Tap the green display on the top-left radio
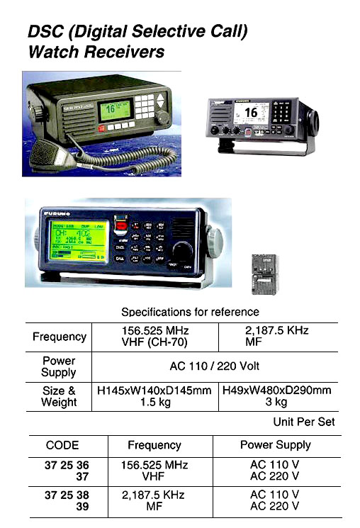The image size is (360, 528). coord(114,110)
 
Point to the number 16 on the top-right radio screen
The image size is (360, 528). coord(251,112)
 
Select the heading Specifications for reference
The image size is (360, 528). coord(190,312)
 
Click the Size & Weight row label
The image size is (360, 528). coord(60,397)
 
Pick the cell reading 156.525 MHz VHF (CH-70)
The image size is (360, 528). coord(154,337)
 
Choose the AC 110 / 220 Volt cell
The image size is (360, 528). coord(215,366)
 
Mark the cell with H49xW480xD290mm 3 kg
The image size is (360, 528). coord(276,396)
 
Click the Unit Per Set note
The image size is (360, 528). coord(304,422)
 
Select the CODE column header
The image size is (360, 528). coord(62,445)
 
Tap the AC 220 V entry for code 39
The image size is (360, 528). coord(274,506)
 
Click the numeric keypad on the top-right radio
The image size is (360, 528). coord(283,113)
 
